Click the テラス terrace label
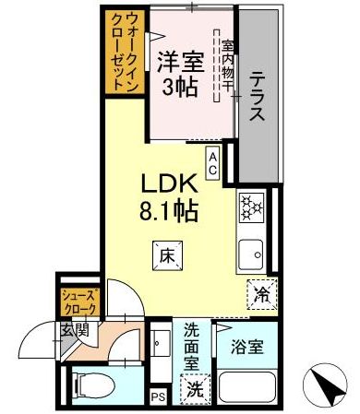[258, 98]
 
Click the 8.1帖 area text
[169, 209]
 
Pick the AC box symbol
[212, 162]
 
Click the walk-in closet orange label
[124, 52]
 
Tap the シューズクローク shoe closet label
[78, 301]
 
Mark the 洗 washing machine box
[195, 388]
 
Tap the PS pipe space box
[159, 396]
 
